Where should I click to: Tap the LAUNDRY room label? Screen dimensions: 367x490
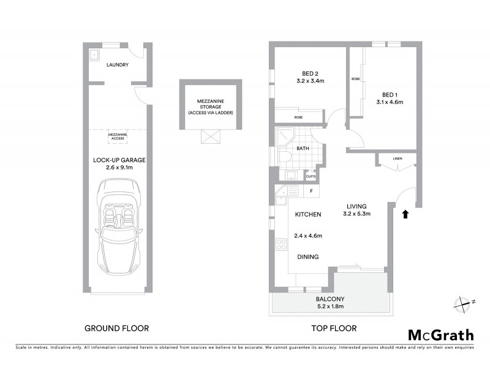point(117,64)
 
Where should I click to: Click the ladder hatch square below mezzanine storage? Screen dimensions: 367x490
point(209,137)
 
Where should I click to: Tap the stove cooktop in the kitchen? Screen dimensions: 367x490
point(282,244)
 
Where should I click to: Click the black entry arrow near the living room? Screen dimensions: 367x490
point(404,213)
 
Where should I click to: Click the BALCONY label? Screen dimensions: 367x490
point(329,298)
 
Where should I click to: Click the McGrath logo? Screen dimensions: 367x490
point(441,335)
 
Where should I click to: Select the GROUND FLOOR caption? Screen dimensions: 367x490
point(116,328)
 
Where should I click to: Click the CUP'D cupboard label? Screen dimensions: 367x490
point(311,177)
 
